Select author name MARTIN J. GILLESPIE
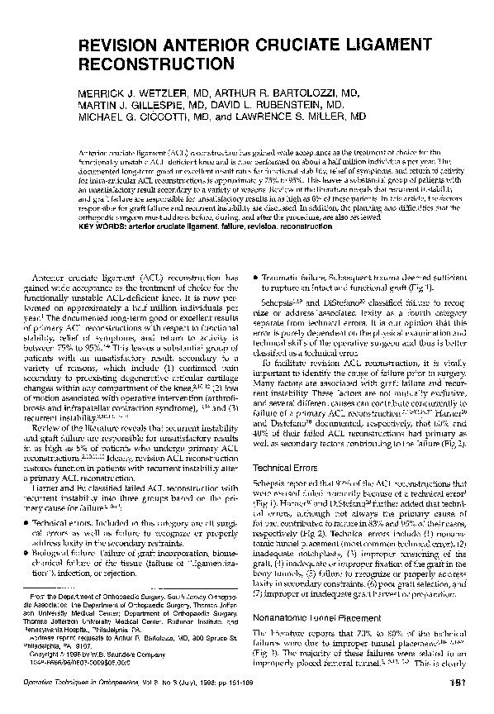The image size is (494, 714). click(137, 106)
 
